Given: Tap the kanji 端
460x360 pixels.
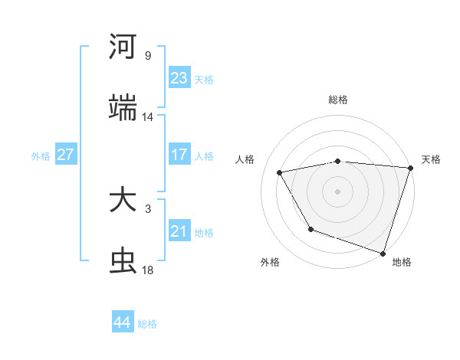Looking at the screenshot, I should pos(123,108).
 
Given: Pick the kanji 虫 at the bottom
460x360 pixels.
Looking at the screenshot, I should pos(123,262).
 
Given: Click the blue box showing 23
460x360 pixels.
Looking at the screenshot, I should pos(179,78).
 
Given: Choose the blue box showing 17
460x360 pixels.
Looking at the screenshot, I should pos(179,155).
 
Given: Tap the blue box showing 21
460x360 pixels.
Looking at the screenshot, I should pos(179,231).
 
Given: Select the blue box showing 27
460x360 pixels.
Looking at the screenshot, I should pos(66,155).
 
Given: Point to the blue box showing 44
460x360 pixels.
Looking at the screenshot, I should pos(123,322).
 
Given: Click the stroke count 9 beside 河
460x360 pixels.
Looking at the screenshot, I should pos(148,56).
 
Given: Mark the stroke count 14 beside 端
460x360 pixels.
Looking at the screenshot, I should pos(148,117).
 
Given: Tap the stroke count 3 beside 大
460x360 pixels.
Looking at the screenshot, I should pos(148,209).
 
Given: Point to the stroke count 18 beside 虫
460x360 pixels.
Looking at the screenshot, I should pos(148,270).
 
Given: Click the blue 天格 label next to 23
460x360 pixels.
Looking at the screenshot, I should pos(204,79).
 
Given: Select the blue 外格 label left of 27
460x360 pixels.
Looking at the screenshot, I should pos(41,155).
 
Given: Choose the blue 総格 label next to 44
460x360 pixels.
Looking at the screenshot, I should pos(147,323).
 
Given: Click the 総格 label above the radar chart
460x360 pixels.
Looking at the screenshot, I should pos(338,100).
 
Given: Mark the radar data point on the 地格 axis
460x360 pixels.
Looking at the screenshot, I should pos(383,252).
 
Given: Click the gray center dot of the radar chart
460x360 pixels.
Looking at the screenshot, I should pos(338,191).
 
